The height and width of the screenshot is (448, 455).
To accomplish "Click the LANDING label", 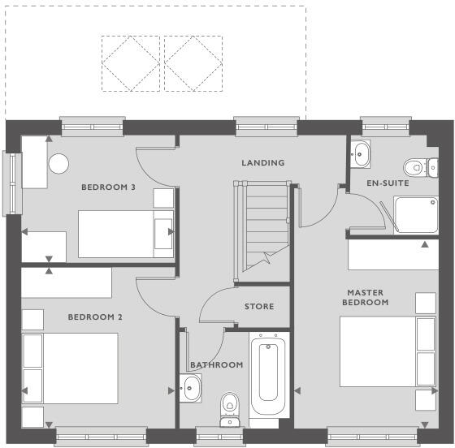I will coord(263,163).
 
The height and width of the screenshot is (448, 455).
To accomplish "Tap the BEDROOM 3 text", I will coord(108,187).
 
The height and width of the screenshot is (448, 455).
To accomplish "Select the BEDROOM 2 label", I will coord(95,317).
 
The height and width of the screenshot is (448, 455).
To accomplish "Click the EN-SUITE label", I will coord(387,183).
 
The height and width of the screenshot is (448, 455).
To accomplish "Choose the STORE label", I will coord(259,307).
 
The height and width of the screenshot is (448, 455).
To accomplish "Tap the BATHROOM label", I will coord(216,365).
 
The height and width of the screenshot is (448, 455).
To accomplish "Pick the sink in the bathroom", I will coord(191,390).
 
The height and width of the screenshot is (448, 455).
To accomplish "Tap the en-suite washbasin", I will coord(360,153).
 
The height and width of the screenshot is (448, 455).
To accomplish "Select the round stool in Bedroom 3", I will coord(59,163).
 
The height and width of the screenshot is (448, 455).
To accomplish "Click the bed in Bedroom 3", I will coord(126,233).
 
